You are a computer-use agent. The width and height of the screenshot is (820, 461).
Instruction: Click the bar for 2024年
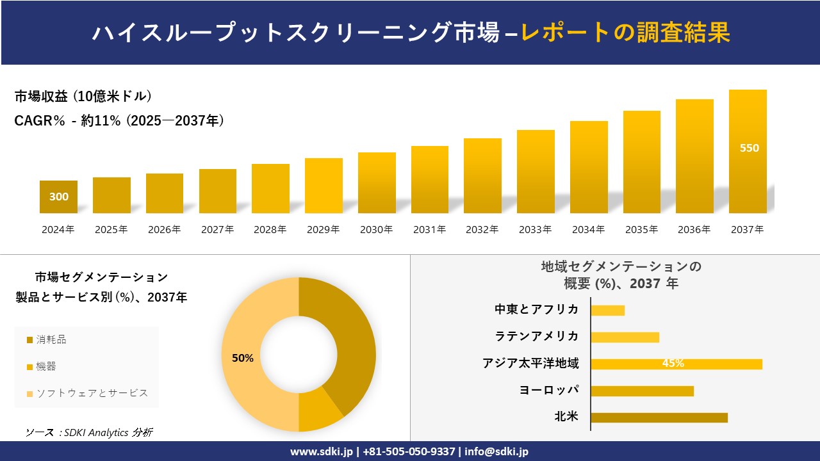(58, 197)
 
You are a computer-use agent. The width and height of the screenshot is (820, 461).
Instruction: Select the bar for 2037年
(748, 152)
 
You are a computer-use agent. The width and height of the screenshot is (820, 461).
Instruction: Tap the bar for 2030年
(377, 183)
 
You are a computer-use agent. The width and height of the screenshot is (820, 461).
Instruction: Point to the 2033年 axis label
(535, 229)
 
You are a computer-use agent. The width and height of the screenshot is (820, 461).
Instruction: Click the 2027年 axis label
(217, 229)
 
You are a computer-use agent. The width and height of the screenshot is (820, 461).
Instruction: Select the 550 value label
(749, 149)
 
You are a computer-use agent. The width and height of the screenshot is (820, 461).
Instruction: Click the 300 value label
(59, 197)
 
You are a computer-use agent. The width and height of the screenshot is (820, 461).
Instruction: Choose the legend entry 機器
(45, 366)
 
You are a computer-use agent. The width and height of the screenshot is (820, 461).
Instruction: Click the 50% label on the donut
(243, 359)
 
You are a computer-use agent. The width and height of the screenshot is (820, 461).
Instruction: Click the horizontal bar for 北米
(659, 417)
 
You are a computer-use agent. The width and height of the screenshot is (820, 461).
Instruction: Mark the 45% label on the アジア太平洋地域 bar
(673, 364)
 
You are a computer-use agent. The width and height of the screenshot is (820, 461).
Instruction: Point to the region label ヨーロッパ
(549, 391)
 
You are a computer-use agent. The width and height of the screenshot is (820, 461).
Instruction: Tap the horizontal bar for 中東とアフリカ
(607, 311)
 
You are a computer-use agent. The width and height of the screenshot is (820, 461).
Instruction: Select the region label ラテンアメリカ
(537, 337)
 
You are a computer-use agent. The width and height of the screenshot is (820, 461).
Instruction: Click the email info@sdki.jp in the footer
(496, 451)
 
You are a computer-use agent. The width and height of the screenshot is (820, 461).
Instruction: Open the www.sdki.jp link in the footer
(322, 451)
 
